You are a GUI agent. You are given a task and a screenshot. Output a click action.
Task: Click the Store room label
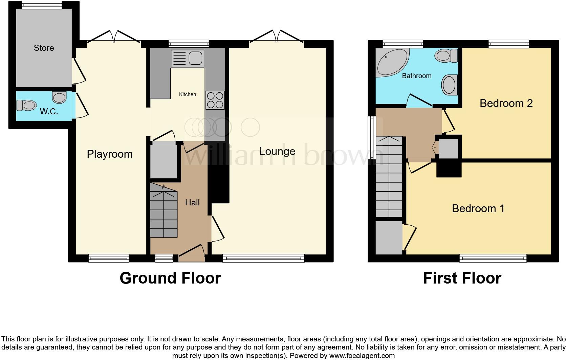pos(44,48)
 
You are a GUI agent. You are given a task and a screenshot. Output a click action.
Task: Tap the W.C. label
pos(49,112)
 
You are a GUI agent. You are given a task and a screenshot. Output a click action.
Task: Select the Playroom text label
pos(109,154)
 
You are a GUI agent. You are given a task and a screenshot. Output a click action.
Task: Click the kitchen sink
pos(187,58)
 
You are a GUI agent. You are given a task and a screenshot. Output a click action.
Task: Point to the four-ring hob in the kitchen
pos(215,100)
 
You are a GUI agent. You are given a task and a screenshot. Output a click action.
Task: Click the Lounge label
pos(277,152)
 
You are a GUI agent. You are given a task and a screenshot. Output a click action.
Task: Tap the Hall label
pos(192,203)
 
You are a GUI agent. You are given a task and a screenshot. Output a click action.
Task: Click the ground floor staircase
pos(164,211)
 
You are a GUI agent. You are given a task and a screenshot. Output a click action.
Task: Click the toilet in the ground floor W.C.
pos(27,105)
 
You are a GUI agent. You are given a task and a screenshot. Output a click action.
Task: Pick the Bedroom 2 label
pos(506,103)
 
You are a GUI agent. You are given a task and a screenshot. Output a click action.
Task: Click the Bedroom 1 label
pos(478,208)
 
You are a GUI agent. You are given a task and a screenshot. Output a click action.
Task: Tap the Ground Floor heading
pos(170,278)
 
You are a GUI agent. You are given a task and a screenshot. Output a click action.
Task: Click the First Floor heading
pos(462,278)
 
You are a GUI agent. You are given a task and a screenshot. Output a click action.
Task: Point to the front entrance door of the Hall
pos(192,254)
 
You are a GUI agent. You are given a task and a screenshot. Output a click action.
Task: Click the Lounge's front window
pos(263,258)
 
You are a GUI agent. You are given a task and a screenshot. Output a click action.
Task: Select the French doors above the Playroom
pos(113,37)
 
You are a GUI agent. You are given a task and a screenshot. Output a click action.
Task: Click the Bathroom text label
pos(416,76)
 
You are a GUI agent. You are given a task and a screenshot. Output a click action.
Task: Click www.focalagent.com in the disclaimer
pos(361,356)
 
